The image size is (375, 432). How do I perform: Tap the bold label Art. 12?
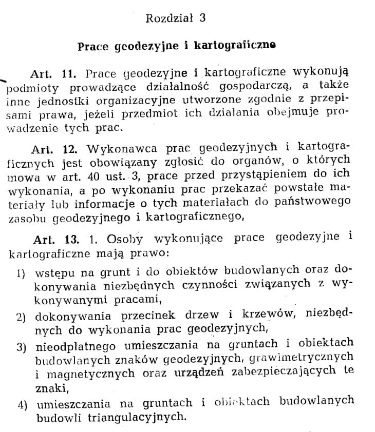tap(54, 149)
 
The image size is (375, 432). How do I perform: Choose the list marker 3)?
tap(21, 347)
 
